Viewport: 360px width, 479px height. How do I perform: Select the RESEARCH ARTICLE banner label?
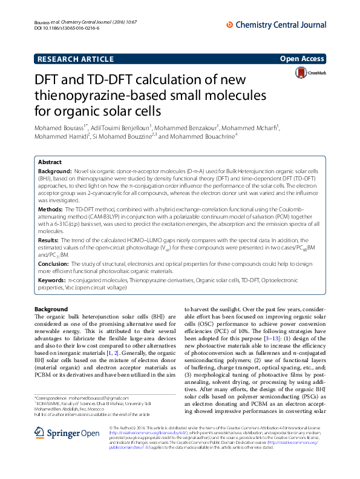pos(75,59)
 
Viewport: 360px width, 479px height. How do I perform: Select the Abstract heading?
pos(50,162)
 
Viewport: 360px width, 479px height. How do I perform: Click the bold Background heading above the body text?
pos(51,309)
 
